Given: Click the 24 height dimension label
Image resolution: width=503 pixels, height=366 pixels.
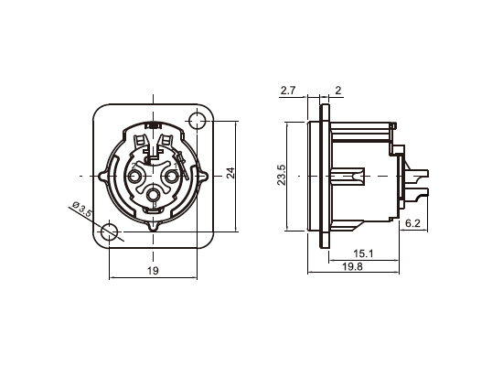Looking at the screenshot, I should tap(231, 174).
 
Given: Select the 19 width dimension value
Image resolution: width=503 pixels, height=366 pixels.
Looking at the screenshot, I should tap(153, 270).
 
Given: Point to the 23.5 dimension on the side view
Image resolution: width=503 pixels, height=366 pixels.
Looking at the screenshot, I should tap(282, 175).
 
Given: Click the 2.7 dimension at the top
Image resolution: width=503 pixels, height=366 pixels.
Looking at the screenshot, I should tap(288, 90).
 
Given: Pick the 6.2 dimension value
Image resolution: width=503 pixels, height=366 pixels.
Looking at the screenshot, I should tap(412, 222).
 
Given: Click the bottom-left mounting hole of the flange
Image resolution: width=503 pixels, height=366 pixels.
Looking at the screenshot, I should tap(110, 232).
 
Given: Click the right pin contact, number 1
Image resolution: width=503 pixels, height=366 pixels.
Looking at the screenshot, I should tap(173, 175).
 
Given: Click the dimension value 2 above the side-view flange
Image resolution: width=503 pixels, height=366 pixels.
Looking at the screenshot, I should tap(337, 90).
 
